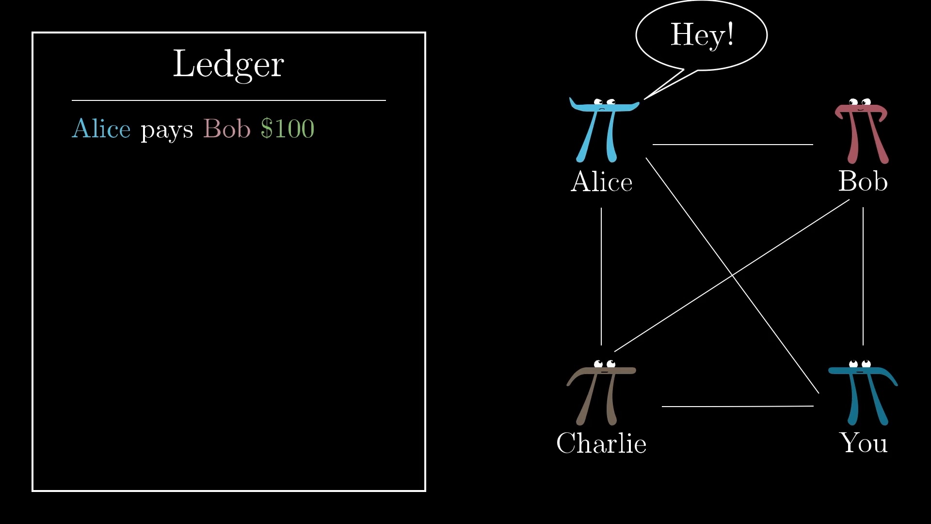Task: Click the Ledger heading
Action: click(x=228, y=65)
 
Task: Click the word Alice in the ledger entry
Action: click(x=101, y=129)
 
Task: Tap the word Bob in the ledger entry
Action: click(x=226, y=129)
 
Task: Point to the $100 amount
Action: click(x=288, y=129)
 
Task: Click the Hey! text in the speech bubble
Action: click(x=702, y=34)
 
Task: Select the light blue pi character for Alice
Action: click(x=604, y=130)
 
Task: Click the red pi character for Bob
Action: click(x=861, y=131)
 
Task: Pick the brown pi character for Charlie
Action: click(x=601, y=393)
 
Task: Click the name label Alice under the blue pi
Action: click(x=601, y=182)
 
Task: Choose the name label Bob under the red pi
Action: click(x=863, y=181)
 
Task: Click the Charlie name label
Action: click(x=601, y=443)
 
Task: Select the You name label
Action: click(x=864, y=443)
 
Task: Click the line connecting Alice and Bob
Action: click(x=733, y=144)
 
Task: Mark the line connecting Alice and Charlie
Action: click(x=601, y=277)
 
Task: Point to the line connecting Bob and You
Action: click(x=863, y=276)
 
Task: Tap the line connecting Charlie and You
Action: click(x=738, y=406)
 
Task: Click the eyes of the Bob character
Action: click(x=860, y=102)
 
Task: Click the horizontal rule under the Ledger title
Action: click(x=229, y=100)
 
